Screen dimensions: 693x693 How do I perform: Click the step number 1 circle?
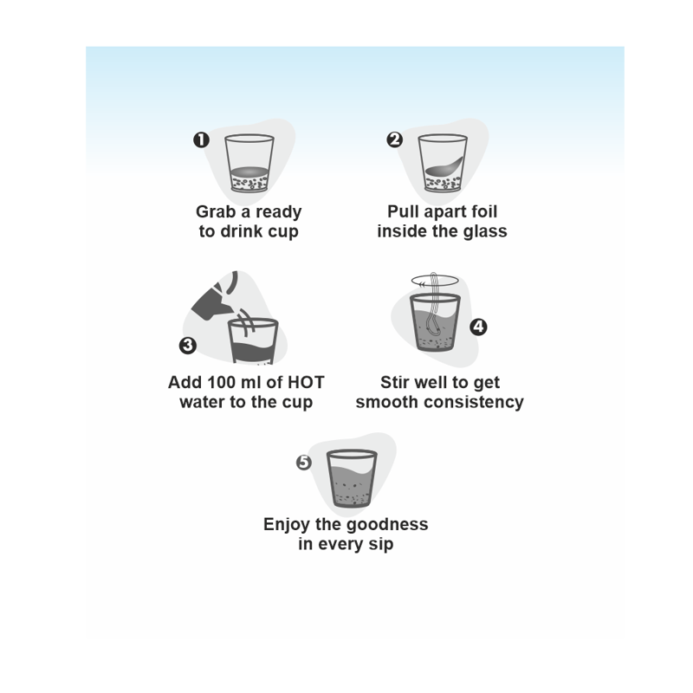coord(201,140)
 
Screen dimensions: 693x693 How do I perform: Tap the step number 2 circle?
coord(394,139)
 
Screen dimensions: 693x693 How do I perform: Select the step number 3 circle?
coord(187,345)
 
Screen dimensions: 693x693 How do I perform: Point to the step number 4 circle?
coord(478,327)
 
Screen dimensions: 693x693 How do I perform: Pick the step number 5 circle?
coord(304,463)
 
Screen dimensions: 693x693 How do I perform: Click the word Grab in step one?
coord(216,211)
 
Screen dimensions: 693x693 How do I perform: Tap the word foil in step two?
coord(484,211)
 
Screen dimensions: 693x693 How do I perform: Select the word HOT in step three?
coord(306,382)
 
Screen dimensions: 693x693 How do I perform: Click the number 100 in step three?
coord(223,382)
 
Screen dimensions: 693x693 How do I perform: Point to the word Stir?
coord(396,382)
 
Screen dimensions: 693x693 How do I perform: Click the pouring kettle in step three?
coord(215,295)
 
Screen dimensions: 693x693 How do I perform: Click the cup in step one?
coord(249,163)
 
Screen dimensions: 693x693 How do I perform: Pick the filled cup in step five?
coord(352,479)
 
